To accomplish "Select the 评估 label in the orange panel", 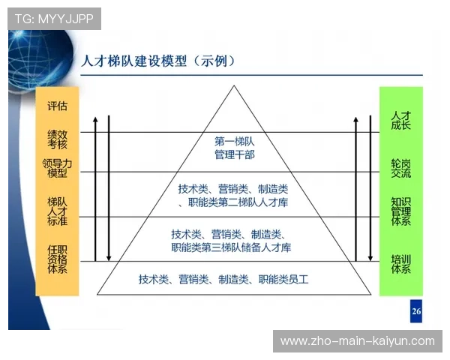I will (x=57, y=106).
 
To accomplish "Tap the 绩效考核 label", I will (x=57, y=139).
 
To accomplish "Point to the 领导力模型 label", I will (x=57, y=168).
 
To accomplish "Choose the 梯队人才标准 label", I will (x=57, y=211).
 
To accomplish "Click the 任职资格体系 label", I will (x=57, y=258).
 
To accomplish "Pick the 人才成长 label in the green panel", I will (x=400, y=121).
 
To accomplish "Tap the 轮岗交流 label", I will (x=400, y=168).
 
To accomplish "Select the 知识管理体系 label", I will (x=400, y=211).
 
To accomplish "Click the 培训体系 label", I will (x=400, y=263).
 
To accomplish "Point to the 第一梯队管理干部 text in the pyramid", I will (x=235, y=148).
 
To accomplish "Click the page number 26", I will (x=416, y=311).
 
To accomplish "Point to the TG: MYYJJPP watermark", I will (x=54, y=19).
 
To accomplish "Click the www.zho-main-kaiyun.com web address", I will (x=357, y=341).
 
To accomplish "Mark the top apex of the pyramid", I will (x=235, y=86).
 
